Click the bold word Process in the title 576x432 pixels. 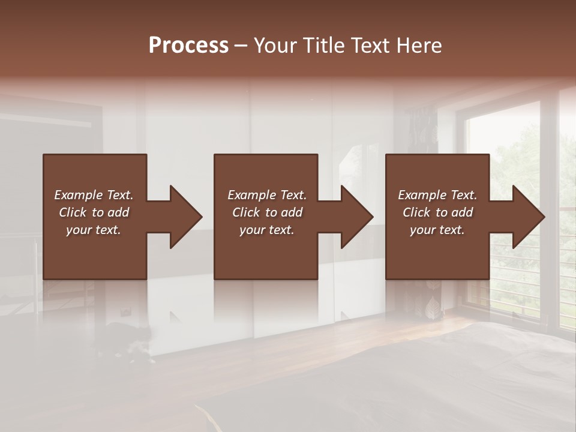click(x=188, y=46)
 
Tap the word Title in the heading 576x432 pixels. click(x=324, y=46)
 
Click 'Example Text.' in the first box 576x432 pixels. click(x=94, y=195)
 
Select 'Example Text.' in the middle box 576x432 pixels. click(x=267, y=195)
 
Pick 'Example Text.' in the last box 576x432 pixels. click(x=437, y=195)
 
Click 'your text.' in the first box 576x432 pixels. click(x=94, y=230)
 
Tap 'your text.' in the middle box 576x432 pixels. click(x=267, y=230)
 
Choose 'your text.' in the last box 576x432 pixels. click(x=437, y=230)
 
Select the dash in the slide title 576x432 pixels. click(x=241, y=46)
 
